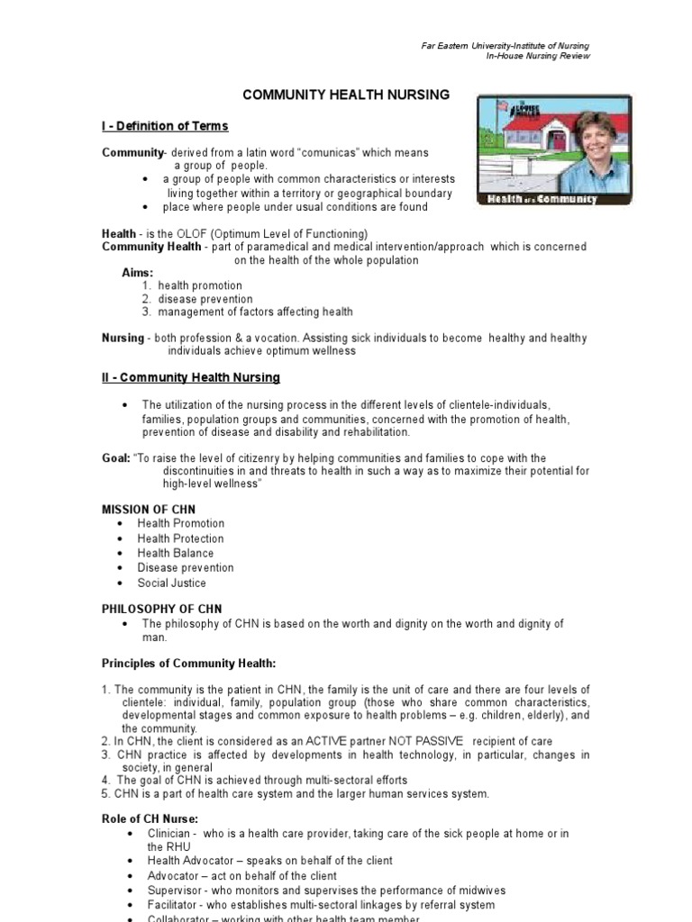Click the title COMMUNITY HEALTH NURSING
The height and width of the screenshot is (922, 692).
tap(347, 95)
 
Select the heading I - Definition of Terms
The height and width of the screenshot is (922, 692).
tap(165, 126)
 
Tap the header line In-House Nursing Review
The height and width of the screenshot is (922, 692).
tap(538, 56)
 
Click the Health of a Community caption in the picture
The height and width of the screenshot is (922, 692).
tap(542, 199)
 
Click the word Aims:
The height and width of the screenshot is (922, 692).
tap(138, 272)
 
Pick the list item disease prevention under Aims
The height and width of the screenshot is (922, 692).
tap(205, 299)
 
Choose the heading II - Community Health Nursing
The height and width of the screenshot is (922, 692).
tap(191, 377)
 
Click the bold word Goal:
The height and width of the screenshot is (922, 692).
tap(115, 458)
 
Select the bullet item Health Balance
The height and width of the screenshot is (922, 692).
tap(176, 553)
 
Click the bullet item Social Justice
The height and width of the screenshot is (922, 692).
tap(171, 583)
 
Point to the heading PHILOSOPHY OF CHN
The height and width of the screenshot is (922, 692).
tap(161, 609)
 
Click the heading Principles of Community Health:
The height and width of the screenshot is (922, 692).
tap(188, 664)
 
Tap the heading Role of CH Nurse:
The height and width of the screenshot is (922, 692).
tap(150, 819)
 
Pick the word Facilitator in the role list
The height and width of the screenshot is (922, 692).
tap(175, 905)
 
